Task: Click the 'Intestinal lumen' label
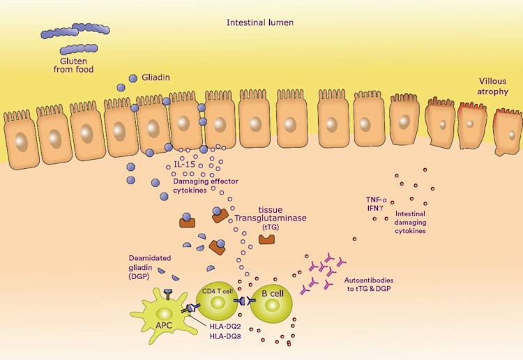click(259, 22)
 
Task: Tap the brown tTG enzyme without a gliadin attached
click(266, 240)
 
